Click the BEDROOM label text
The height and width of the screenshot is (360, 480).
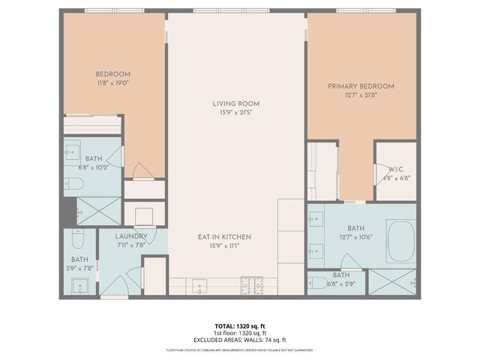113,74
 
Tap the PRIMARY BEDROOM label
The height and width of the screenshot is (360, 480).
360,86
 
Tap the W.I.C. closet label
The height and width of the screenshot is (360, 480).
397,169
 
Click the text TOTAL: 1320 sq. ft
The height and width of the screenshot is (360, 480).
240,325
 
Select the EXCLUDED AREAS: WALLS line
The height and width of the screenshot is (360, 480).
240,339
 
